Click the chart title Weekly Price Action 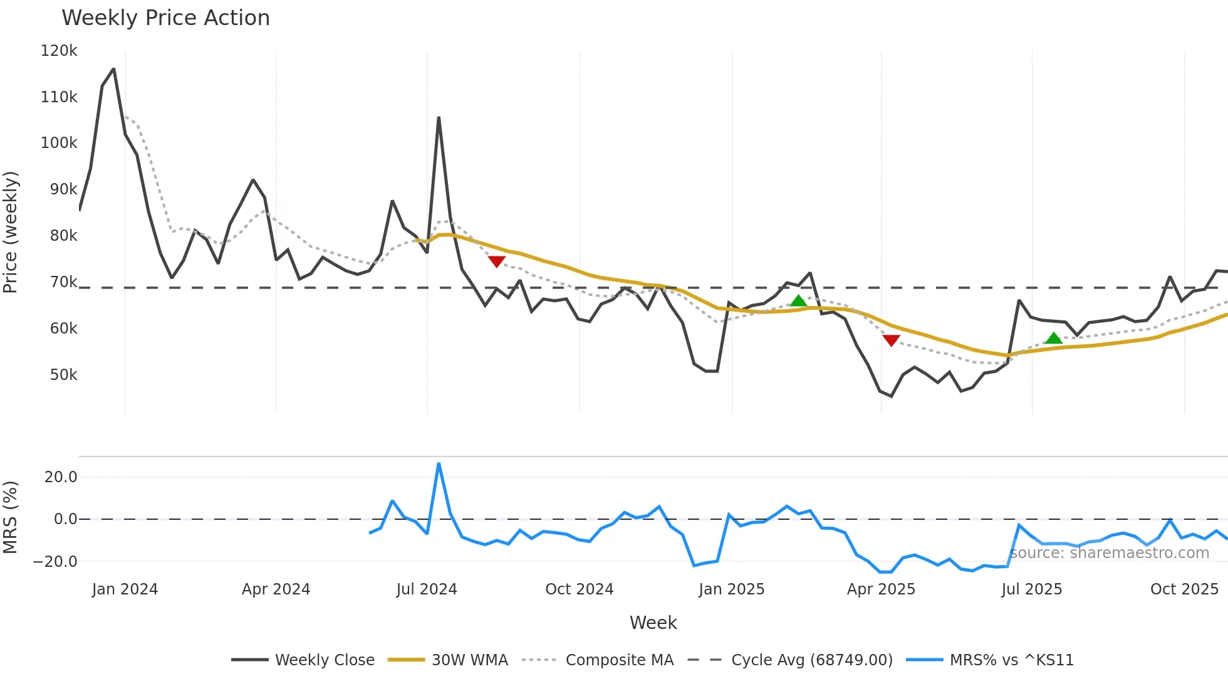[x=165, y=18]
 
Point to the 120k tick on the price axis [x=59, y=51]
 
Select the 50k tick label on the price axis [x=63, y=375]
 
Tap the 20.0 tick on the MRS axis [x=61, y=477]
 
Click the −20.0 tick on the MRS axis [x=55, y=562]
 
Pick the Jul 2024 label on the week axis [x=427, y=589]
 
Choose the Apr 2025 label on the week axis [x=881, y=589]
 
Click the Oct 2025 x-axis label [x=1184, y=589]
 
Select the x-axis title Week [x=653, y=623]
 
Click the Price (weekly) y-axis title [x=11, y=232]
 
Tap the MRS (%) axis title [x=11, y=517]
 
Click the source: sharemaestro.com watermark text [x=1109, y=553]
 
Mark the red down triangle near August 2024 [x=496, y=261]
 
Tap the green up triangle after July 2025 [x=1053, y=339]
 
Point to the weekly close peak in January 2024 [x=113, y=69]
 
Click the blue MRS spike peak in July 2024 [x=439, y=464]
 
